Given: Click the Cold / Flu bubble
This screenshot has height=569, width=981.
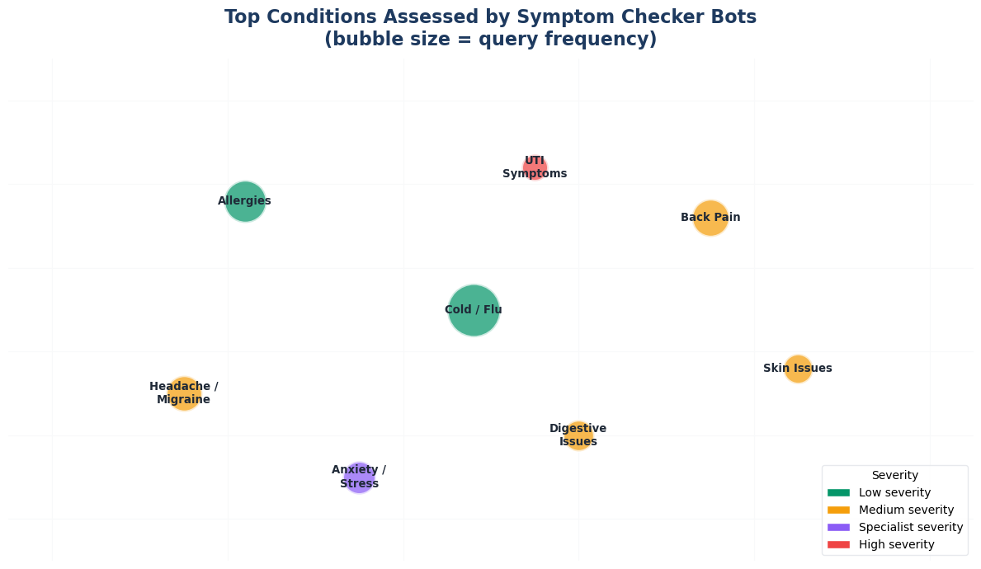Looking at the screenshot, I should tap(474, 310).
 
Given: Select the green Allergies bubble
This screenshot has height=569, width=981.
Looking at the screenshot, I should tap(245, 201).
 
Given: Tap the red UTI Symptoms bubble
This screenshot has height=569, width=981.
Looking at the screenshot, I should tap(535, 167).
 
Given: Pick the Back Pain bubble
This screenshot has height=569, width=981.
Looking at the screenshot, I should tap(710, 218).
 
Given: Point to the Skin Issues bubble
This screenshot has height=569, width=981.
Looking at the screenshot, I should tap(798, 369).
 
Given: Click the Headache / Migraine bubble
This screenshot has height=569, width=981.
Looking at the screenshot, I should tap(184, 393).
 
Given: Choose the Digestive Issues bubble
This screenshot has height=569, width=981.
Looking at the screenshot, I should tap(578, 435).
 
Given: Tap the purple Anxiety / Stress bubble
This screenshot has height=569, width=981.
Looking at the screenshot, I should tap(359, 477).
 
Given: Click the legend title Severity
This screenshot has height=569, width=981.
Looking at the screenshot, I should tap(894, 475).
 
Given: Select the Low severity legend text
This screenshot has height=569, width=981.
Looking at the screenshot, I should tap(894, 492).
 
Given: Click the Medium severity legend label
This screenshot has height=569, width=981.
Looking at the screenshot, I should tap(906, 510).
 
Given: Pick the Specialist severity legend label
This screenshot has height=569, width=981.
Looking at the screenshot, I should tap(911, 527).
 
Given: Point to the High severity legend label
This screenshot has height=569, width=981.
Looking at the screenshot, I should tap(896, 544).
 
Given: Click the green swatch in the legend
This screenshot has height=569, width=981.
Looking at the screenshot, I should tap(838, 492).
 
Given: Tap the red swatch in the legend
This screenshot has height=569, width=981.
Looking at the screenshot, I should tap(838, 544).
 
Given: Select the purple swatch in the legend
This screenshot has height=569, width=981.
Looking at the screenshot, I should tap(838, 527).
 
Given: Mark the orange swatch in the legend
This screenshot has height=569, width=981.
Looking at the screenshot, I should tap(838, 510).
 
